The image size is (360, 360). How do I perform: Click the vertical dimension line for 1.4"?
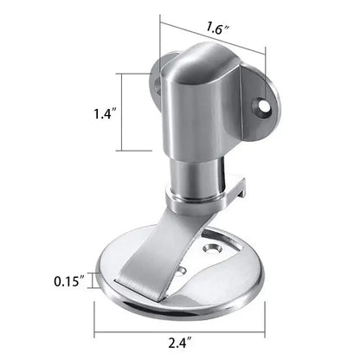click(x=131, y=112)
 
